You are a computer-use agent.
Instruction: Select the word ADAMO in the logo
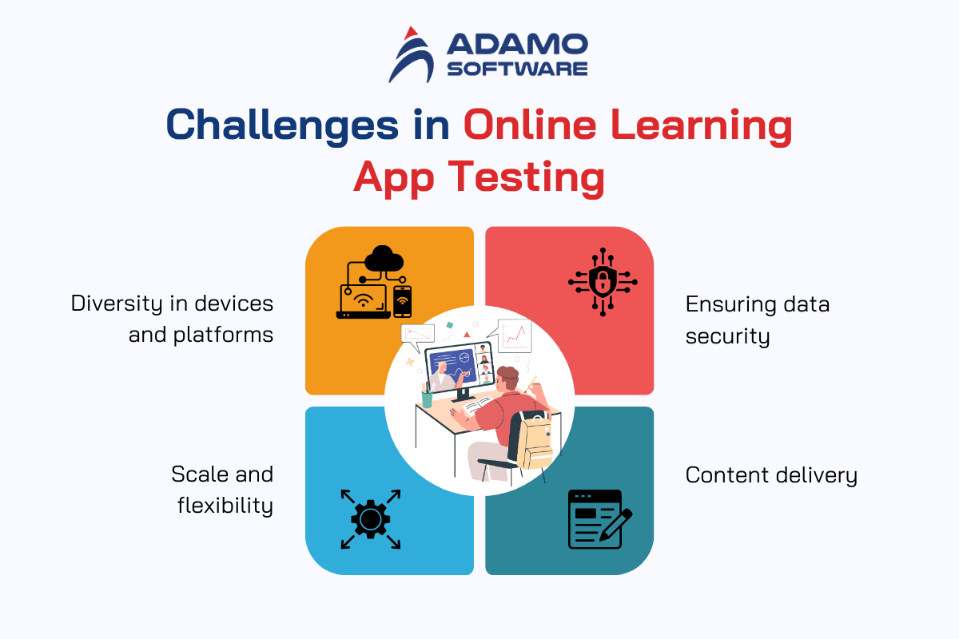tap(517, 45)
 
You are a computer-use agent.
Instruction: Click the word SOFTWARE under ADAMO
tap(517, 69)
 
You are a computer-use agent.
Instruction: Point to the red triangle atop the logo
tap(411, 33)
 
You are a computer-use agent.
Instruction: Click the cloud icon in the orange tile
tap(384, 258)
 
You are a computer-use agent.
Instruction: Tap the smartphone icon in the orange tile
tap(402, 302)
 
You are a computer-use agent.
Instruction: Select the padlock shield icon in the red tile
tap(603, 282)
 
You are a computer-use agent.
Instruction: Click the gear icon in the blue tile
tap(370, 519)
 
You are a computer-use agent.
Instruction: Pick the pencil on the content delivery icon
tap(615, 525)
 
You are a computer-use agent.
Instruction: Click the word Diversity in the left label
tap(117, 304)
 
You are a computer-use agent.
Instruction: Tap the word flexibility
tap(225, 506)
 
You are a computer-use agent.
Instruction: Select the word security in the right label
tap(727, 336)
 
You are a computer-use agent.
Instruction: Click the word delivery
tap(817, 475)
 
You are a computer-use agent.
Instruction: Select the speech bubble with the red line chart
tap(511, 335)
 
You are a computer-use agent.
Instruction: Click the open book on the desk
tap(478, 405)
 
